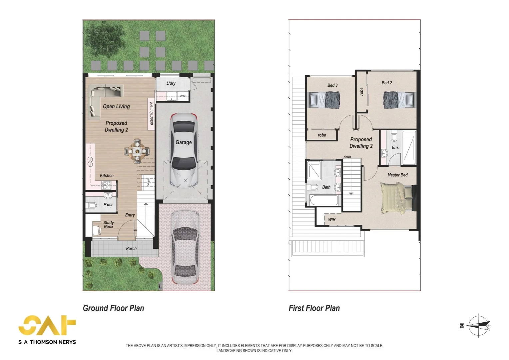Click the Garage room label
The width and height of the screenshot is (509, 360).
click(x=184, y=142)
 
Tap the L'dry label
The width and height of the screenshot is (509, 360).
click(x=171, y=83)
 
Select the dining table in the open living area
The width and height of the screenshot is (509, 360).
click(x=137, y=151)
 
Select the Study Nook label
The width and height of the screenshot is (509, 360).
click(x=109, y=224)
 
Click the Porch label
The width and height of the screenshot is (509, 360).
click(x=131, y=249)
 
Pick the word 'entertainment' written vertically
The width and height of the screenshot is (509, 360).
click(x=152, y=113)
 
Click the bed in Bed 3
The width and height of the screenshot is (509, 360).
click(x=324, y=100)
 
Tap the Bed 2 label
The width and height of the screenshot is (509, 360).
click(x=387, y=83)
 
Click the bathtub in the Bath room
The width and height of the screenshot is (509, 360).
click(x=324, y=200)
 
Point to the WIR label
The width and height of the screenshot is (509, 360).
click(x=332, y=219)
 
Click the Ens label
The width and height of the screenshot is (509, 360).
click(x=395, y=147)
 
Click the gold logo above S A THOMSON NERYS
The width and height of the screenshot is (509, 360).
click(x=47, y=325)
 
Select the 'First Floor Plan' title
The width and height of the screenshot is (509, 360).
click(x=314, y=308)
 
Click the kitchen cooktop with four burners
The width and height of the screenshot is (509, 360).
click(x=106, y=185)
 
